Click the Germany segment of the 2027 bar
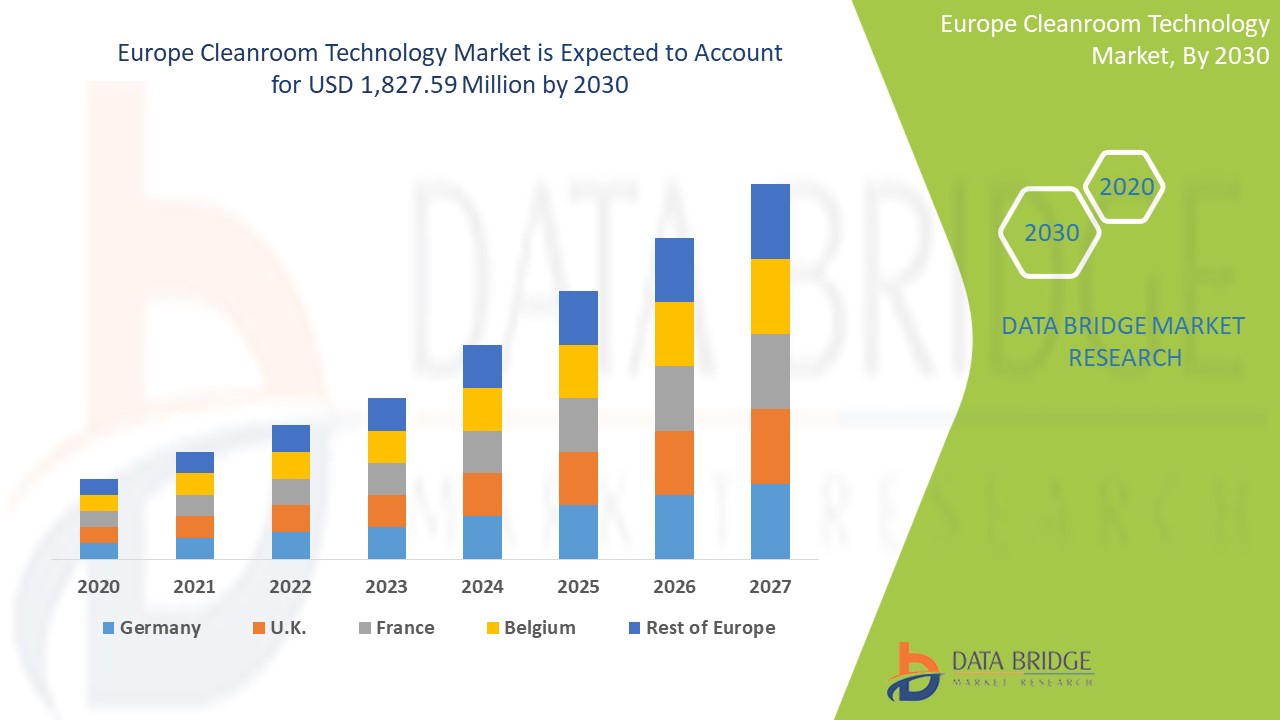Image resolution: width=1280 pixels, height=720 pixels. coord(770,521)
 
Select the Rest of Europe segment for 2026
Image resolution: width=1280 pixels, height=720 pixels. coord(674,270)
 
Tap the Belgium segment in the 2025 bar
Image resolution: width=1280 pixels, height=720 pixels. coord(578,371)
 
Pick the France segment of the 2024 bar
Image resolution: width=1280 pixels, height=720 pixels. coord(482,452)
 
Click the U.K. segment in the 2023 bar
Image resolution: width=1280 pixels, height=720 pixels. coord(387,511)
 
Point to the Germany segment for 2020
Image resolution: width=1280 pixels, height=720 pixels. coord(99,551)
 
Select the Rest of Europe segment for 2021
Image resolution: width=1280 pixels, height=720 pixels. coord(195,462)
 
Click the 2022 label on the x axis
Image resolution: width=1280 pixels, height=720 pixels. coord(290,587)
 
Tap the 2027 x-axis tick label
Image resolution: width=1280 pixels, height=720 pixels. coord(770,587)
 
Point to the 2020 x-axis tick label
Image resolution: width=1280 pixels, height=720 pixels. coord(99,587)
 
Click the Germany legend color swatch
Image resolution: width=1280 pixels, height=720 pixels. coord(108,628)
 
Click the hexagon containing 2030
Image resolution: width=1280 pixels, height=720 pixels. coord(1051,233)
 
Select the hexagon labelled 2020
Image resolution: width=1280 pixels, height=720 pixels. coord(1126,187)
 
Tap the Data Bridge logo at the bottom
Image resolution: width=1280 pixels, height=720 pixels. coord(989,669)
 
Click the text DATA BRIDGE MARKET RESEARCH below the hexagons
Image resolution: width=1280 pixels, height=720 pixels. coord(1124,342)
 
